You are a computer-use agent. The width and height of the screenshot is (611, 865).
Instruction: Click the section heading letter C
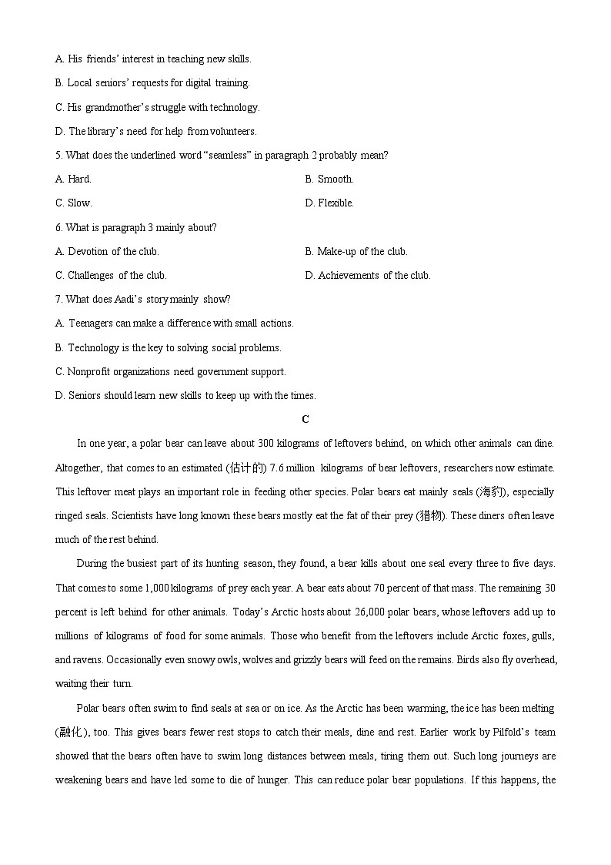(x=305, y=420)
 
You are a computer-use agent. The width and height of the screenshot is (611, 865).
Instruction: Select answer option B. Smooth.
(x=329, y=179)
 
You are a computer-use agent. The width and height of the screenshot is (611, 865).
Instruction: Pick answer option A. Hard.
(x=73, y=179)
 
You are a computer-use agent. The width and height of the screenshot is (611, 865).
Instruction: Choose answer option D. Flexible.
(x=329, y=203)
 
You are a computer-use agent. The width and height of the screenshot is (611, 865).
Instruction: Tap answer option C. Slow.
(x=73, y=203)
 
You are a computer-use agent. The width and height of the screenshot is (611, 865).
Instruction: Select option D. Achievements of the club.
(x=368, y=276)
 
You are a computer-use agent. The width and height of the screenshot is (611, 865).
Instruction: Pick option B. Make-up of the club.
(x=356, y=252)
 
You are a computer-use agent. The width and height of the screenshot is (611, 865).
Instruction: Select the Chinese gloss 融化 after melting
(x=72, y=732)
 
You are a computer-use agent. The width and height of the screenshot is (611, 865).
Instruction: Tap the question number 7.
(x=58, y=300)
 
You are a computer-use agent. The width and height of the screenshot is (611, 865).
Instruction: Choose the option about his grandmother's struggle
(x=158, y=108)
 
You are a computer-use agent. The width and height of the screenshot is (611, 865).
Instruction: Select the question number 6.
(x=58, y=228)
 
